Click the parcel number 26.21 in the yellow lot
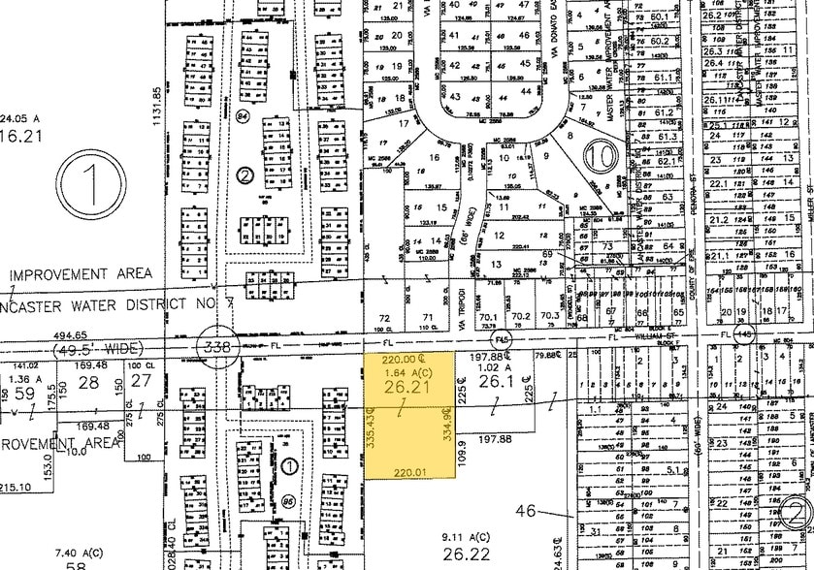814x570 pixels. click(x=408, y=387)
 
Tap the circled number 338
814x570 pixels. click(x=212, y=345)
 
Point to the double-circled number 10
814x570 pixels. click(x=602, y=155)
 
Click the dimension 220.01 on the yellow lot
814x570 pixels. click(x=408, y=472)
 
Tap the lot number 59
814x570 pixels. click(x=21, y=396)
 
